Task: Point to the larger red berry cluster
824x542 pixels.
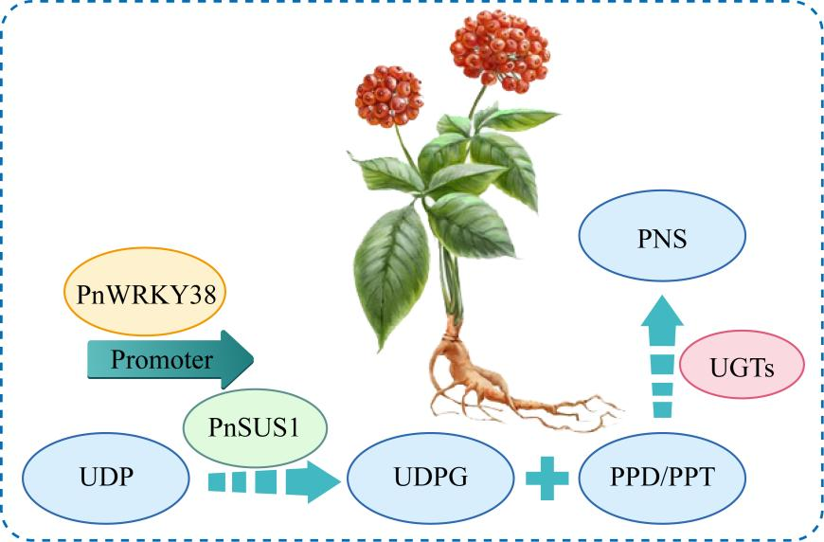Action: pyautogui.click(x=500, y=49)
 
